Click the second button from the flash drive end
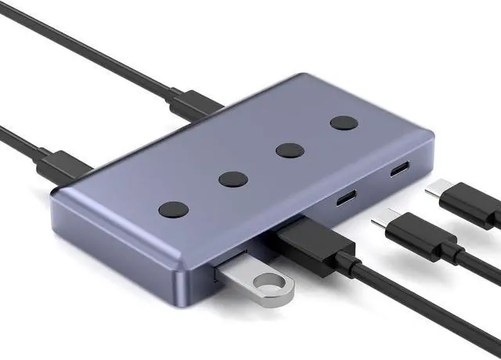pyautogui.click(x=233, y=179)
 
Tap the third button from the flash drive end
pyautogui.click(x=289, y=150)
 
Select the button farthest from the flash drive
pyautogui.click(x=342, y=123)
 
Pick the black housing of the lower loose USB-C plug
pyautogui.click(x=415, y=235)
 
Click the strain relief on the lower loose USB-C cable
pyautogui.click(x=451, y=252)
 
